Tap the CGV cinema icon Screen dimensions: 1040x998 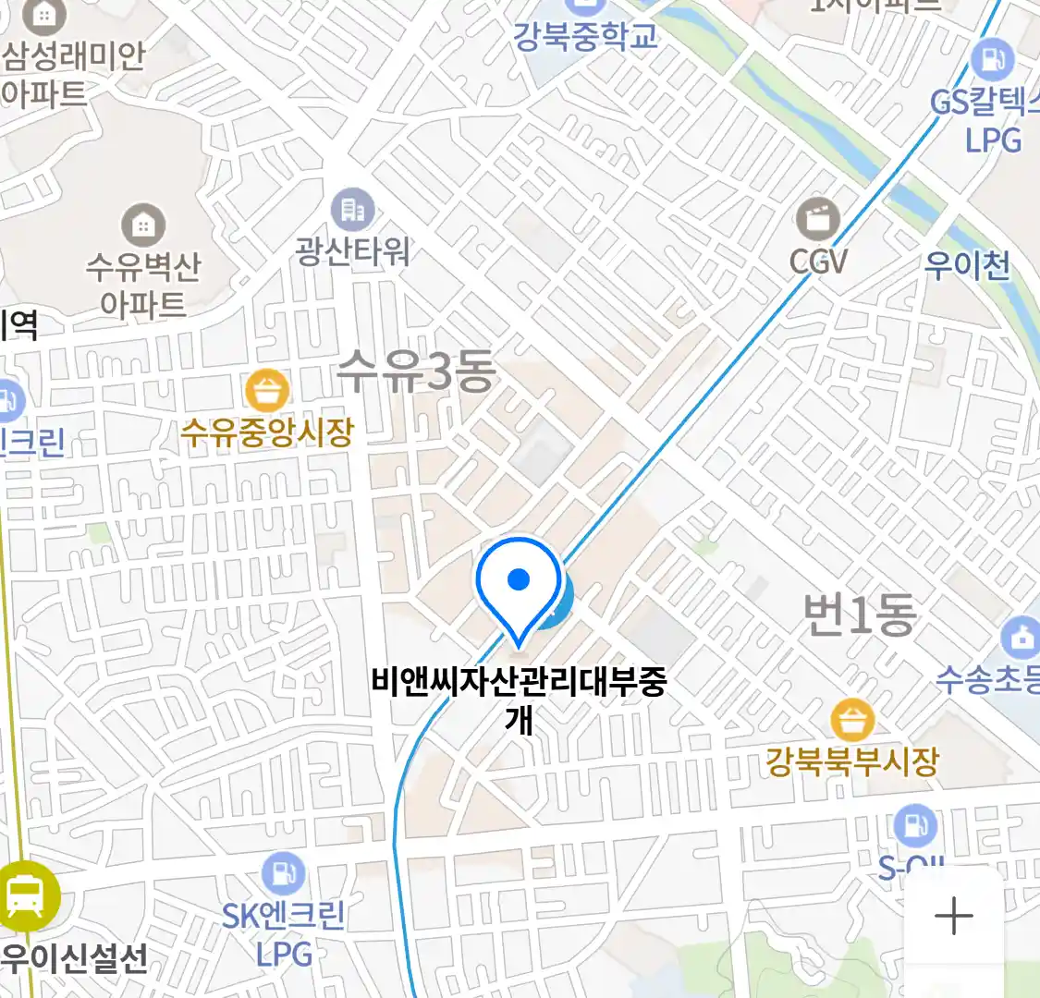(x=818, y=220)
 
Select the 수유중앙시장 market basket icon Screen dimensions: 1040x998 (x=267, y=391)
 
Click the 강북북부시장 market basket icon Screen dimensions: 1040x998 (x=851, y=721)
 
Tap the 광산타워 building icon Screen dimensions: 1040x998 (x=352, y=211)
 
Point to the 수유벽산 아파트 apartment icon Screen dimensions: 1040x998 (x=143, y=225)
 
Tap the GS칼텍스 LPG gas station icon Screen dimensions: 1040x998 (x=993, y=61)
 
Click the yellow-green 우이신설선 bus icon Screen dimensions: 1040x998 (x=25, y=895)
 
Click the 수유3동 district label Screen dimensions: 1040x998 (x=415, y=371)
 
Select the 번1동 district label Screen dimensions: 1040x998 (x=859, y=615)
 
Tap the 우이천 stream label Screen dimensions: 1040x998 (x=967, y=266)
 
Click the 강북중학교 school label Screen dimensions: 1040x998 (x=585, y=36)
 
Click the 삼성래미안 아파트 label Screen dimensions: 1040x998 (x=69, y=74)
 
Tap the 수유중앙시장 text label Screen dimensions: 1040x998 (x=267, y=432)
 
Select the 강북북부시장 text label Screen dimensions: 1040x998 (x=851, y=762)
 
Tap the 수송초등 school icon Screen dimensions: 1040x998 (x=1021, y=639)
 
